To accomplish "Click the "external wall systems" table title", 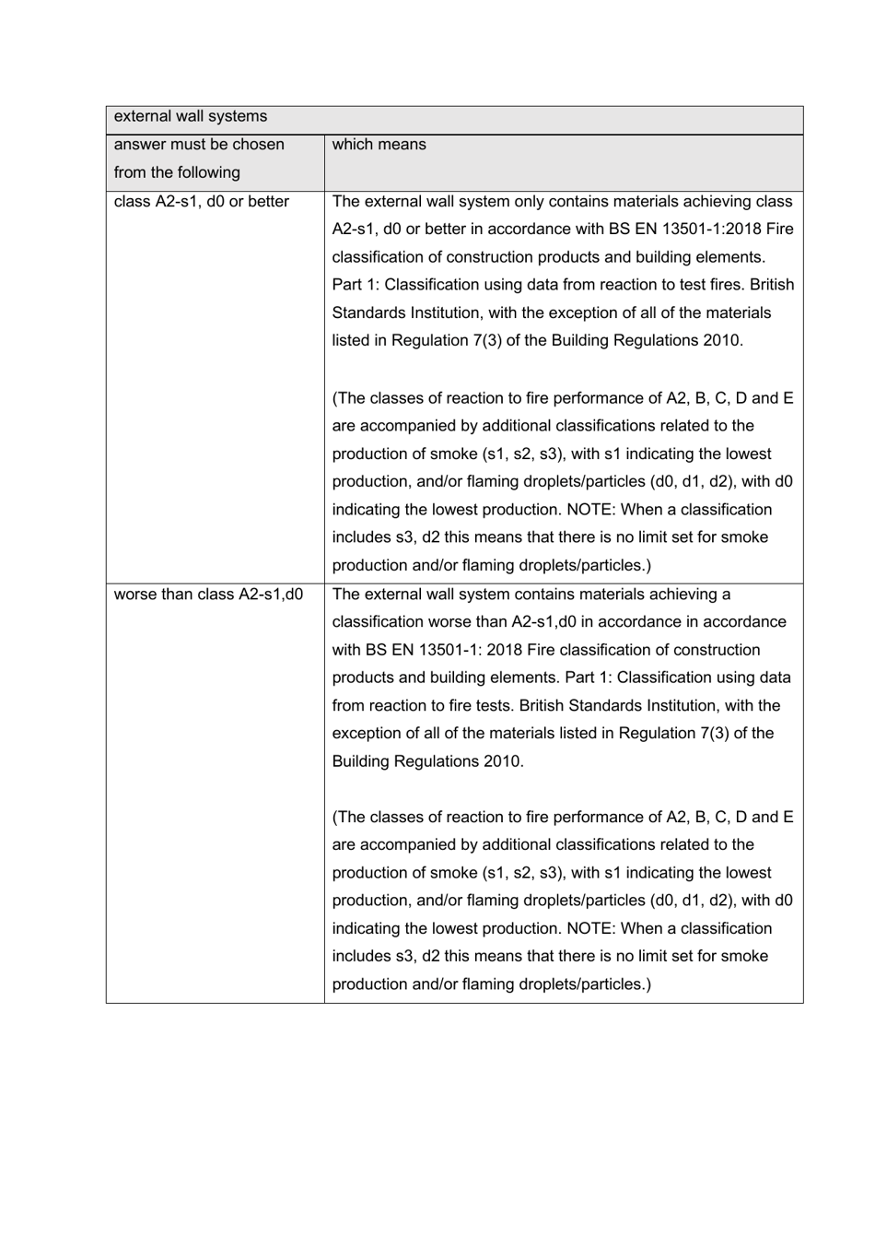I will click(x=190, y=116).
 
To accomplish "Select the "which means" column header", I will click(x=379, y=145).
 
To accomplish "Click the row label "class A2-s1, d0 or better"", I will click(x=201, y=202).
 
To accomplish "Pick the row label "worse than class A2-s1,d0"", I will click(x=208, y=595).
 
